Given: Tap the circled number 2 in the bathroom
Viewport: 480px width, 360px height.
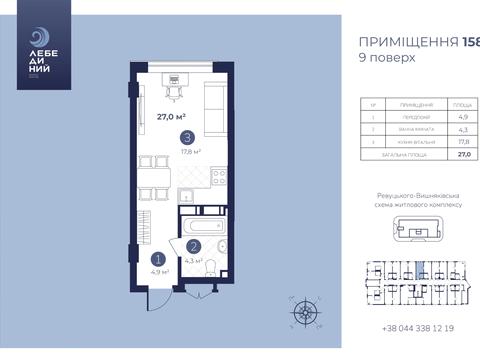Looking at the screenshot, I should [193, 247].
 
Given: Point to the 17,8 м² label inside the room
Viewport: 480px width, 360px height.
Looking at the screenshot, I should [190, 152].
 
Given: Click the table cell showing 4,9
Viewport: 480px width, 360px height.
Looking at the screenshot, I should [463, 117].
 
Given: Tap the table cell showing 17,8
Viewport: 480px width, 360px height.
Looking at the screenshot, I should [463, 142].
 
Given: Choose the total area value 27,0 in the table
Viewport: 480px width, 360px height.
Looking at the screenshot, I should [463, 155].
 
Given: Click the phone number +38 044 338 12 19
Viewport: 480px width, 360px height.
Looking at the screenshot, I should [419, 328].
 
